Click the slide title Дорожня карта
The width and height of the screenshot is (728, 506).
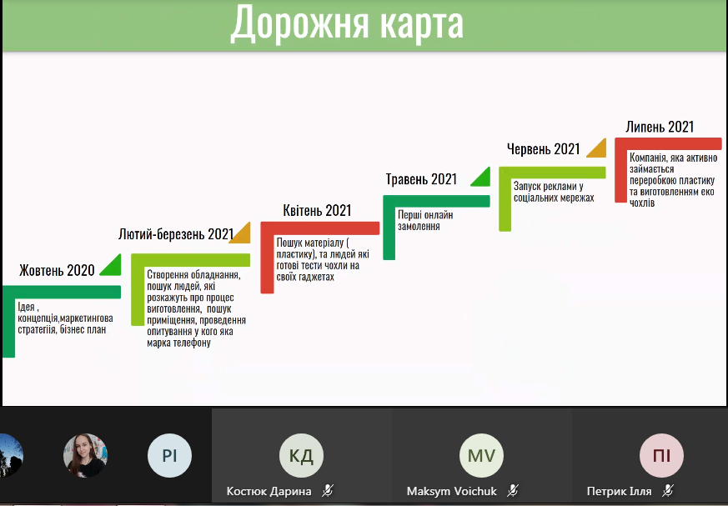point(347,23)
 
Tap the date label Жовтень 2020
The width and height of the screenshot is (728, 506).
point(58,270)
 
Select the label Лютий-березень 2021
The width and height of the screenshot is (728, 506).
point(175,234)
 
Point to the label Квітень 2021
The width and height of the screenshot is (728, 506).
point(317,210)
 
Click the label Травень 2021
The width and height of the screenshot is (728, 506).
point(421,179)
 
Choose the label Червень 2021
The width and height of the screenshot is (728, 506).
point(543,149)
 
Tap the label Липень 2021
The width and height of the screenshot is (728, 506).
point(660,127)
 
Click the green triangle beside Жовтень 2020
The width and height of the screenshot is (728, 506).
point(111,267)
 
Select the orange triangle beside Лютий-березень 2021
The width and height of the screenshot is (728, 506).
point(242,234)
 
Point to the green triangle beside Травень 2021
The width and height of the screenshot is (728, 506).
point(481,178)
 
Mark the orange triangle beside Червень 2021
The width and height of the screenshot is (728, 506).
point(596,148)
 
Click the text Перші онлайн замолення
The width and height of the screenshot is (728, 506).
point(425,219)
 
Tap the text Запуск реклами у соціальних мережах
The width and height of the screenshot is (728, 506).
point(548,192)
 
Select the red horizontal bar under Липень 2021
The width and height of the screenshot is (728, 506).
point(667,143)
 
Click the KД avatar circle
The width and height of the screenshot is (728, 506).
point(301,456)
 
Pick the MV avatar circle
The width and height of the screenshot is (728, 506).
point(481,456)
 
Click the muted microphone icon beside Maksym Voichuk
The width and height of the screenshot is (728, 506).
point(513,491)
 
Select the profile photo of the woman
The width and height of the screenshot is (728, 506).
point(85,455)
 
